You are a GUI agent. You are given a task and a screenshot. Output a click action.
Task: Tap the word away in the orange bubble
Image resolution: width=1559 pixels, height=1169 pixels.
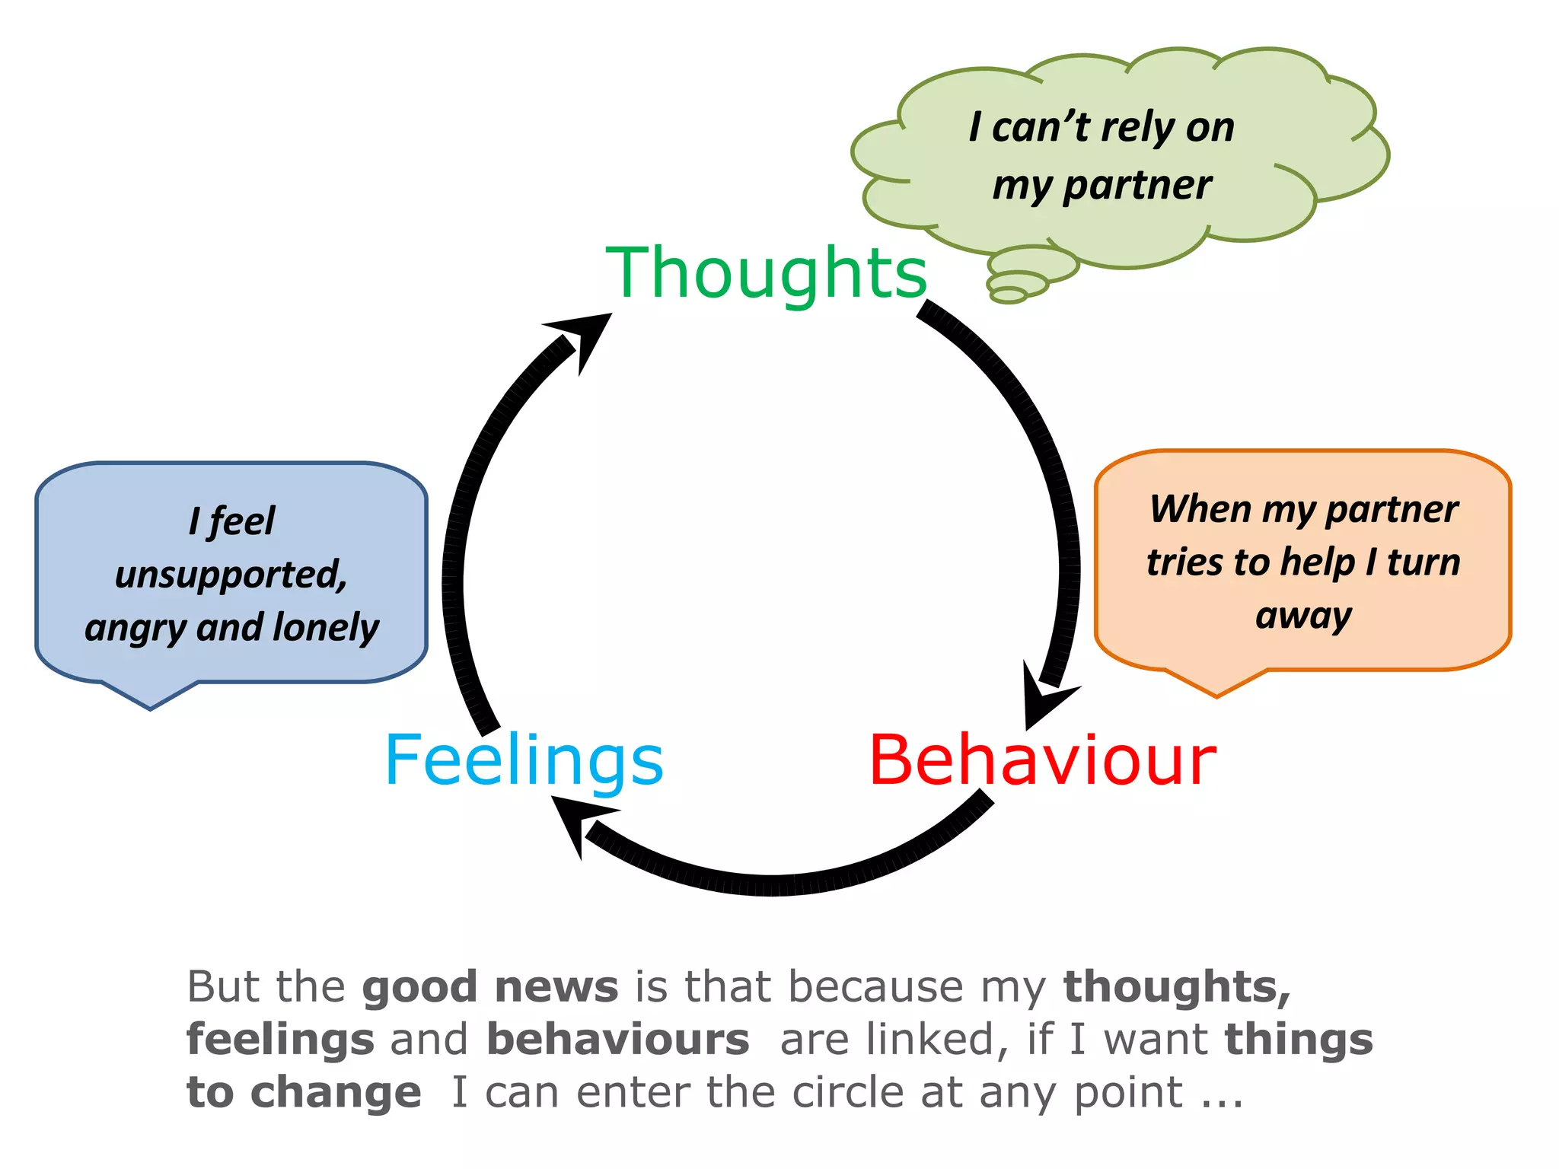pos(1303,615)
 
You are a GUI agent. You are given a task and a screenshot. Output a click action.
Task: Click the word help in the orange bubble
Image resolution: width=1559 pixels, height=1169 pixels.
pos(1318,562)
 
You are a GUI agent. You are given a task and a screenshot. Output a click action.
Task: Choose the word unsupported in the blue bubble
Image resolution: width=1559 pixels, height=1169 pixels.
pos(231,575)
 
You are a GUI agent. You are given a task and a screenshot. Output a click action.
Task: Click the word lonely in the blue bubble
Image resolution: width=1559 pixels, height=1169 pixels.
pos(326,628)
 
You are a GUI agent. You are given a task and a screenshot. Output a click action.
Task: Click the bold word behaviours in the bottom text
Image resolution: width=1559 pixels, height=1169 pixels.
pos(617,1040)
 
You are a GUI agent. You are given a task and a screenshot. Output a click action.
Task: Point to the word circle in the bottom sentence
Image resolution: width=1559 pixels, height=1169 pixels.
pos(849,1092)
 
